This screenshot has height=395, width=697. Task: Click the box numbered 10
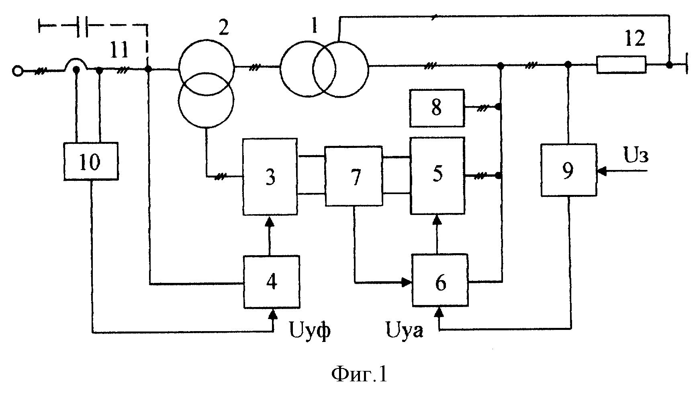(x=91, y=161)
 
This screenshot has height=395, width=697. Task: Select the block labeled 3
(x=270, y=177)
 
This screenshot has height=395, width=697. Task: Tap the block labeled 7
(x=354, y=176)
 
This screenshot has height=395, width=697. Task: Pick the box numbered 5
(x=437, y=175)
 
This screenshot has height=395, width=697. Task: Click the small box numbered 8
(x=437, y=108)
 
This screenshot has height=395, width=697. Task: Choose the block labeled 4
(x=272, y=282)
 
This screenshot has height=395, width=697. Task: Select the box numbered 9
(x=568, y=170)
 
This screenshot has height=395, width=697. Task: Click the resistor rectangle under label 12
(x=621, y=65)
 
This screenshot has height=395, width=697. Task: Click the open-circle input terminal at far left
(x=17, y=72)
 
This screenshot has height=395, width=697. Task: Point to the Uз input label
(x=636, y=156)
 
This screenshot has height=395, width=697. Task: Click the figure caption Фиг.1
(x=359, y=375)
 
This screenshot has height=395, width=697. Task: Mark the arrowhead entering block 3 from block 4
(x=270, y=220)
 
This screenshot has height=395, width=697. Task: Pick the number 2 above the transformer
(x=223, y=27)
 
